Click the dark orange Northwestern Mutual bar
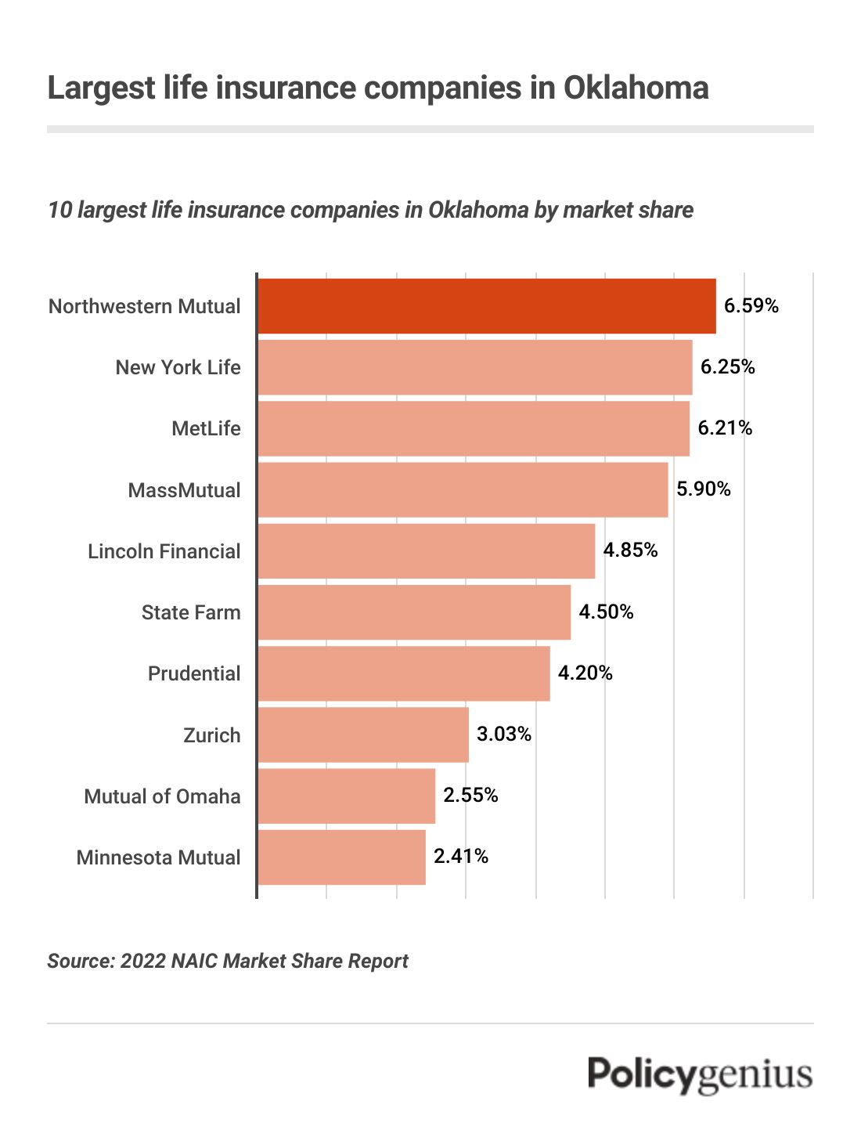tap(486, 305)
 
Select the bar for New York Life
tap(474, 366)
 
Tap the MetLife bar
tap(473, 428)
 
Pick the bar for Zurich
tap(362, 734)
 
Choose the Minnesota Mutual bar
tap(341, 857)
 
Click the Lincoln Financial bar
tap(426, 550)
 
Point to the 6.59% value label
tap(751, 305)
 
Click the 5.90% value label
tap(703, 489)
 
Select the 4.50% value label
tap(606, 612)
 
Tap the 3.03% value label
tap(504, 734)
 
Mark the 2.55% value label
tap(470, 795)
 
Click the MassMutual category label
tap(184, 490)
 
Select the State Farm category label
tap(191, 612)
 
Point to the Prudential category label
tap(194, 673)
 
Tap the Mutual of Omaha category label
tap(162, 796)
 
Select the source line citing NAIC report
tap(228, 961)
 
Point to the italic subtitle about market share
tap(370, 210)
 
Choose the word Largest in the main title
tap(102, 88)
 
